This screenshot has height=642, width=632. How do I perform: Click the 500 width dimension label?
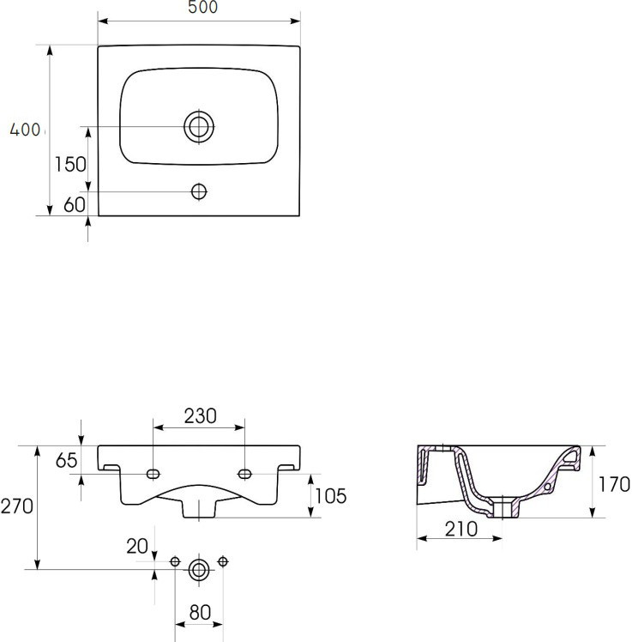point(202,7)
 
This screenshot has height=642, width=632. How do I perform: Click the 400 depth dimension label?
point(25,130)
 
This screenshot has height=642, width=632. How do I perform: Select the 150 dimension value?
point(70,164)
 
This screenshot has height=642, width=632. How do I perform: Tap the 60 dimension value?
point(74,204)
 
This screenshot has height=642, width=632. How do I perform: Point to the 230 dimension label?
point(200,416)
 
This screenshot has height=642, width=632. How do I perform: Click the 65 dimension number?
point(66,460)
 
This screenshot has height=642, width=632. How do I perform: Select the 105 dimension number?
point(330,496)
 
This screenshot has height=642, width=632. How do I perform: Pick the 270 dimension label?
point(17,506)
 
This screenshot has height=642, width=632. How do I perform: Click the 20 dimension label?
point(137,546)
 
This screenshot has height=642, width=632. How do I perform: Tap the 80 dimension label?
point(200,613)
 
